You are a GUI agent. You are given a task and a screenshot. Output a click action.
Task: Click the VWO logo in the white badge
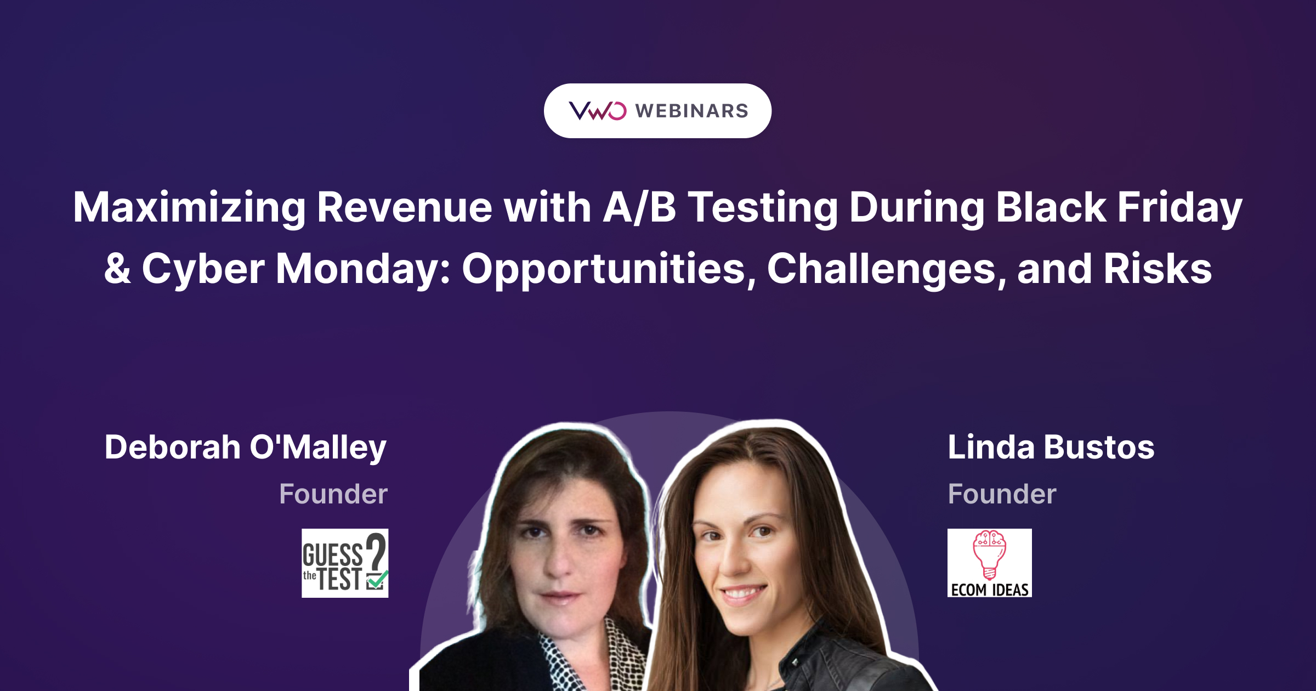pos(597,111)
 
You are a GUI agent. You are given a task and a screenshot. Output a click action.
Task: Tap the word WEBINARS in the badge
pos(692,111)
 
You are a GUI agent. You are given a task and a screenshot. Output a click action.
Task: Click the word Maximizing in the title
pos(189,208)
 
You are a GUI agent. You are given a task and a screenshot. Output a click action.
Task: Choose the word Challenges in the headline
pos(887,269)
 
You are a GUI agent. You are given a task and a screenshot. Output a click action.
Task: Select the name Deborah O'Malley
pos(246,448)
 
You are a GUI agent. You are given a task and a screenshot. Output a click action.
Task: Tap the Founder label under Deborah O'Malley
pos(333,494)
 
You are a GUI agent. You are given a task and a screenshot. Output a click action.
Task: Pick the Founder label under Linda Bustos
pos(1002,494)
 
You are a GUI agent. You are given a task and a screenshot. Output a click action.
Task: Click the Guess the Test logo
pos(345,563)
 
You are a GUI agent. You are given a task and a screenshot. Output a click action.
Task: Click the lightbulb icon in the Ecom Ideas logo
pos(989,554)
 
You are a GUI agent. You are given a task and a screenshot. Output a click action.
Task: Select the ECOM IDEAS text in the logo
pos(990,590)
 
